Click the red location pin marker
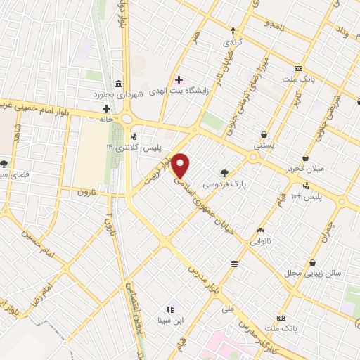tap(181, 166)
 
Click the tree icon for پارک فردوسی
tap(224, 172)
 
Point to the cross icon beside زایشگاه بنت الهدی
tap(179, 79)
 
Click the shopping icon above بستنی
tap(264, 134)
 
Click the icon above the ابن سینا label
tap(169, 309)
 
